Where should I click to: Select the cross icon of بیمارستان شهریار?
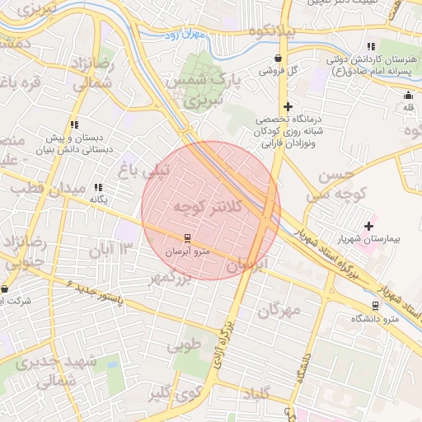coord(368,226)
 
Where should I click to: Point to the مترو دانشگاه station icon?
coord(376,305)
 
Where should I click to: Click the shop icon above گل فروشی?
coord(279,59)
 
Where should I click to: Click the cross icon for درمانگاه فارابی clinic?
coord(288,106)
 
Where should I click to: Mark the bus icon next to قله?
coord(408,95)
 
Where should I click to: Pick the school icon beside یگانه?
coord(99,187)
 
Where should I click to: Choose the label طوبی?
coord(185,346)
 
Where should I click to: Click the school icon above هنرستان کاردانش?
coord(371,46)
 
